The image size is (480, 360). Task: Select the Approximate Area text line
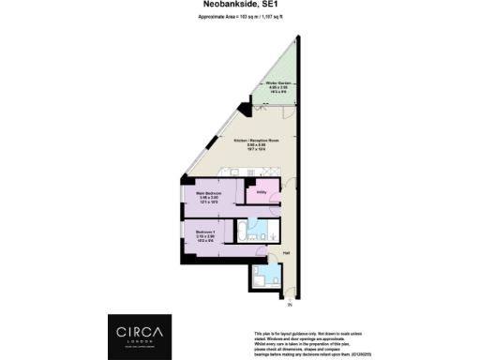pyautogui.click(x=240, y=18)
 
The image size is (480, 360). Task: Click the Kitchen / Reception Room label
pyautogui.click(x=257, y=140)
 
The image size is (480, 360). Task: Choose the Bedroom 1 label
pyautogui.click(x=207, y=232)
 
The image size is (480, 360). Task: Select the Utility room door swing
pyautogui.click(x=252, y=188)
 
